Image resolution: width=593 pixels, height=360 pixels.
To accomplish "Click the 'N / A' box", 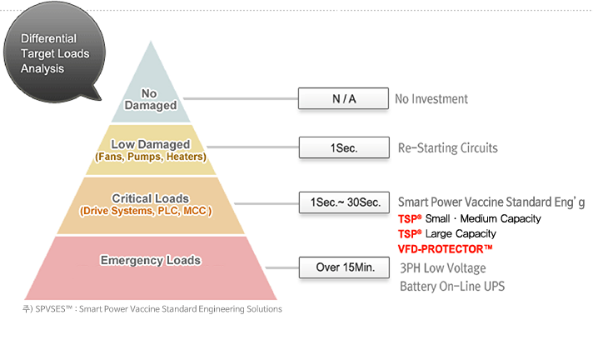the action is [x=343, y=98].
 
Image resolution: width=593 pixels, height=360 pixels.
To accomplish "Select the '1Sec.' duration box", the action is [x=344, y=147].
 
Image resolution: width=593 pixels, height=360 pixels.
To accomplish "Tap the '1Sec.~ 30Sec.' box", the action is [x=344, y=202].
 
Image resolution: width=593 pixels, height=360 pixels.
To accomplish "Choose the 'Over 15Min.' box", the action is [x=344, y=267].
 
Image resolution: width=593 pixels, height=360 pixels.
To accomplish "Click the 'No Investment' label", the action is [x=431, y=99].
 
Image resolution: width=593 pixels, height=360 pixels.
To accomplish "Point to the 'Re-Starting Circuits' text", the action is [x=448, y=147].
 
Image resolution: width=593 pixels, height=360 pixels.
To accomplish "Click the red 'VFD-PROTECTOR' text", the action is [x=445, y=249].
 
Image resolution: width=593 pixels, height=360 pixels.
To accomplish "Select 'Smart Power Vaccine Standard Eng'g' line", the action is [x=491, y=202].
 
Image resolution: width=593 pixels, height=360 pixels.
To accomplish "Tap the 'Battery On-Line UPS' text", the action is [x=452, y=286].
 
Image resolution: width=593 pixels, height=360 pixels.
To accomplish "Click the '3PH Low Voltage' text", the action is [x=443, y=268].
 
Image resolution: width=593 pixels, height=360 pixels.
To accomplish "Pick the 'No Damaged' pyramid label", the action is [x=151, y=99].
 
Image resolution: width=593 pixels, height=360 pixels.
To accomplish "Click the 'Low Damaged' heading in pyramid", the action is [x=151, y=144].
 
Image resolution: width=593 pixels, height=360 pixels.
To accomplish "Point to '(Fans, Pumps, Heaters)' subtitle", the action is [x=151, y=157].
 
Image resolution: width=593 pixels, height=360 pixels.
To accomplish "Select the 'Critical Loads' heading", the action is [x=151, y=198].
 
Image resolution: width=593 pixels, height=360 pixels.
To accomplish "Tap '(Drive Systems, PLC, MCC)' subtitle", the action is [x=146, y=211].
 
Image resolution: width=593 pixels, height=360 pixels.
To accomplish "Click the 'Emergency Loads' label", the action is [x=151, y=261].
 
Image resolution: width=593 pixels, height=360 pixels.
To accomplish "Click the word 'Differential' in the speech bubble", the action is [x=48, y=38].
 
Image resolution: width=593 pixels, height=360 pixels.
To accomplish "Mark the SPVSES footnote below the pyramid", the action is [x=152, y=309].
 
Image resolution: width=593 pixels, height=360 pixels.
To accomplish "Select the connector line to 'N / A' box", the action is [x=241, y=98].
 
